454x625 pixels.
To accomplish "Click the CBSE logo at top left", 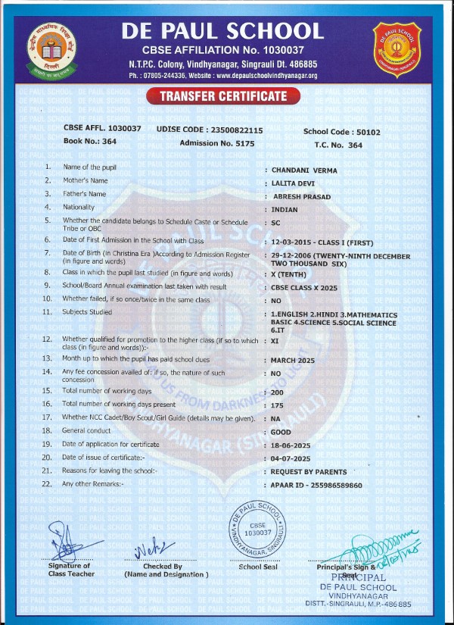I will tap(48, 48).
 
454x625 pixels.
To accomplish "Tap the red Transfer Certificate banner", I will tap(225, 96).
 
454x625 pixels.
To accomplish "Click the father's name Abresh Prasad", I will tap(300, 195).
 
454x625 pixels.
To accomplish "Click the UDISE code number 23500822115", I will tap(238, 130).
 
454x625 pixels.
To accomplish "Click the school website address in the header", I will tap(267, 76).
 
